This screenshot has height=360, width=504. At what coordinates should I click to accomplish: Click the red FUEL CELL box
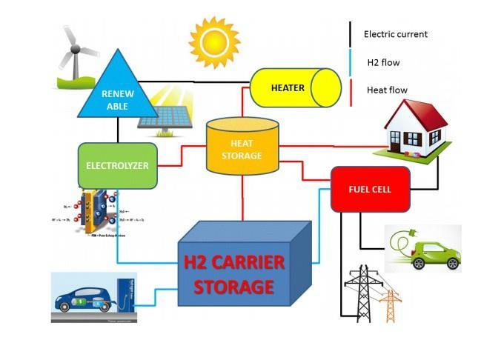tap(370, 189)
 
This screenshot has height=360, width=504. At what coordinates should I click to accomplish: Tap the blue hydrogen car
tap(87, 299)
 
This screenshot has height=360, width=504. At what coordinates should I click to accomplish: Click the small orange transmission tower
tap(388, 304)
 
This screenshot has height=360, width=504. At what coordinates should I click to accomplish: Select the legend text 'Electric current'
tap(395, 34)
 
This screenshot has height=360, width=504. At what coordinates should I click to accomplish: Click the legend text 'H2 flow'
tap(383, 63)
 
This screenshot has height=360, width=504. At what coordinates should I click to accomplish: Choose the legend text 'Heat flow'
tap(387, 90)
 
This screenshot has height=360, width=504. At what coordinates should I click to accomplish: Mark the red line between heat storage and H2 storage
tap(242, 200)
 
